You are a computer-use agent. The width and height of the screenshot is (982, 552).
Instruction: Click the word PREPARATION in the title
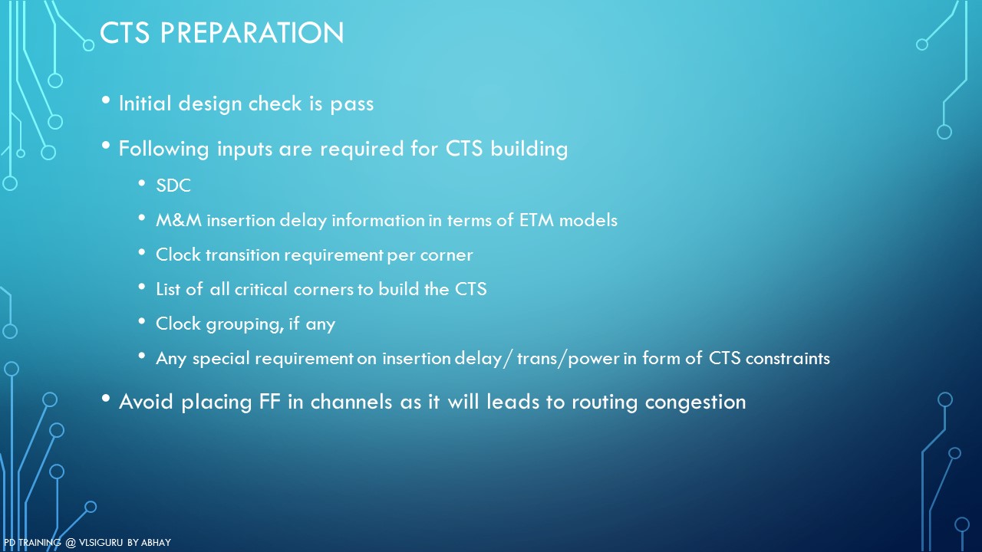coord(252,32)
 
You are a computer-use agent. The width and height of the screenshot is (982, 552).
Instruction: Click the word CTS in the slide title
coord(124,32)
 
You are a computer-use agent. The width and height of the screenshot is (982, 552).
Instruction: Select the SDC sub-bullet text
coord(173,186)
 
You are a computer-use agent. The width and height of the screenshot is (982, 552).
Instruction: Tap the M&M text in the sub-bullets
coord(179,220)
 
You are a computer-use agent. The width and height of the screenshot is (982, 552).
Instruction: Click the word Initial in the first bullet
coord(144,103)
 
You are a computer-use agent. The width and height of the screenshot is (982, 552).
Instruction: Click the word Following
coord(164,149)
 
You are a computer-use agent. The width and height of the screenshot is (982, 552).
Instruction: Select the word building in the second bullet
coord(529,149)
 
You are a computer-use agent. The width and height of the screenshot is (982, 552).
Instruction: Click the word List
coord(167,289)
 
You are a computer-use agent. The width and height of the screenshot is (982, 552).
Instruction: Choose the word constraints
coord(788,358)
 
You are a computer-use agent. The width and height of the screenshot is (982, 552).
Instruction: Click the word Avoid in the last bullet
coord(146,402)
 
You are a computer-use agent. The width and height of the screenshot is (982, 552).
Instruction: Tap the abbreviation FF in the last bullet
coord(269,402)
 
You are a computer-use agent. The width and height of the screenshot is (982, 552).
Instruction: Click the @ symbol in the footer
coord(71,543)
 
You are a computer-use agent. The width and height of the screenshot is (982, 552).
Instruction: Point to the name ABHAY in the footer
coord(156,542)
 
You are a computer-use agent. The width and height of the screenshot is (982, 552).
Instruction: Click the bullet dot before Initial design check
coord(106,100)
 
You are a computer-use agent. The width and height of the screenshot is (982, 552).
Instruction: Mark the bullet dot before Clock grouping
coord(142,321)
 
